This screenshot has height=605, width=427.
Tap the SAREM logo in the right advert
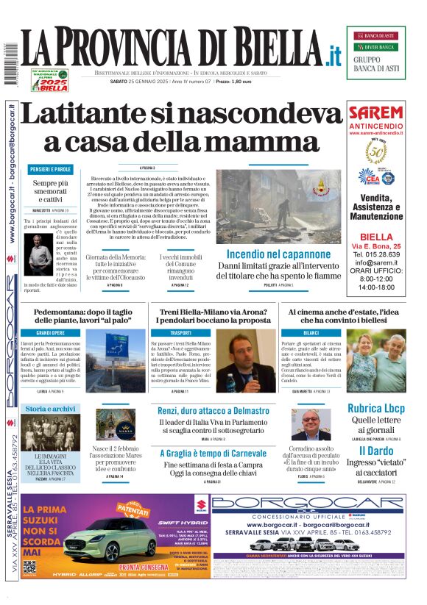(x=376, y=113)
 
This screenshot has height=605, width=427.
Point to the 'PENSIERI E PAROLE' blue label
(x=52, y=169)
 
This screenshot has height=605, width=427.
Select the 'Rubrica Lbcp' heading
(x=375, y=408)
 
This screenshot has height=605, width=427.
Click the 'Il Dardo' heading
(x=375, y=451)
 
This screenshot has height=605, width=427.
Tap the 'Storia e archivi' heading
(x=50, y=408)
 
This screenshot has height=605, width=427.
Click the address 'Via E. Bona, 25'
(x=376, y=245)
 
